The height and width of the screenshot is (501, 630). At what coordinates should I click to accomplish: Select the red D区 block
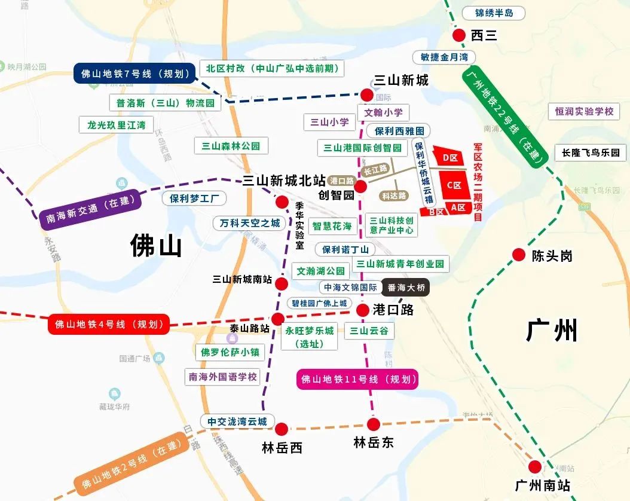(449, 158)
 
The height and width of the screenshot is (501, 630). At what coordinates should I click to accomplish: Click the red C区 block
(454, 185)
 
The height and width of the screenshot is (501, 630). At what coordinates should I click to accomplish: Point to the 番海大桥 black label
(406, 288)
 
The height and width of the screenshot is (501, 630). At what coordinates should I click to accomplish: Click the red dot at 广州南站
(535, 467)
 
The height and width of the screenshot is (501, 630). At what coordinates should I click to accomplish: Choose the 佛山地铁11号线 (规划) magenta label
(357, 379)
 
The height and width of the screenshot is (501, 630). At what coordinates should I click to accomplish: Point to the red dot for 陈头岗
(519, 255)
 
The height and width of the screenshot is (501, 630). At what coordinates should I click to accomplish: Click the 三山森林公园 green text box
(231, 145)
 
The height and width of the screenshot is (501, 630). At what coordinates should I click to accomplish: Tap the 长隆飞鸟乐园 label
(591, 152)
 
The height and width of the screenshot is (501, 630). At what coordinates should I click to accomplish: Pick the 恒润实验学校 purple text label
(584, 111)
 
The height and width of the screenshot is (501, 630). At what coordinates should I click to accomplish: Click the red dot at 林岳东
(374, 424)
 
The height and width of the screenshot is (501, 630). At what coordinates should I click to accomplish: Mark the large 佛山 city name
(156, 246)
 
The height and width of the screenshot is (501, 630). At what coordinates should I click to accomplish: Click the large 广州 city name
(552, 330)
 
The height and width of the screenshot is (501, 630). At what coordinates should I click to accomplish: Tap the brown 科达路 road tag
(394, 195)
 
